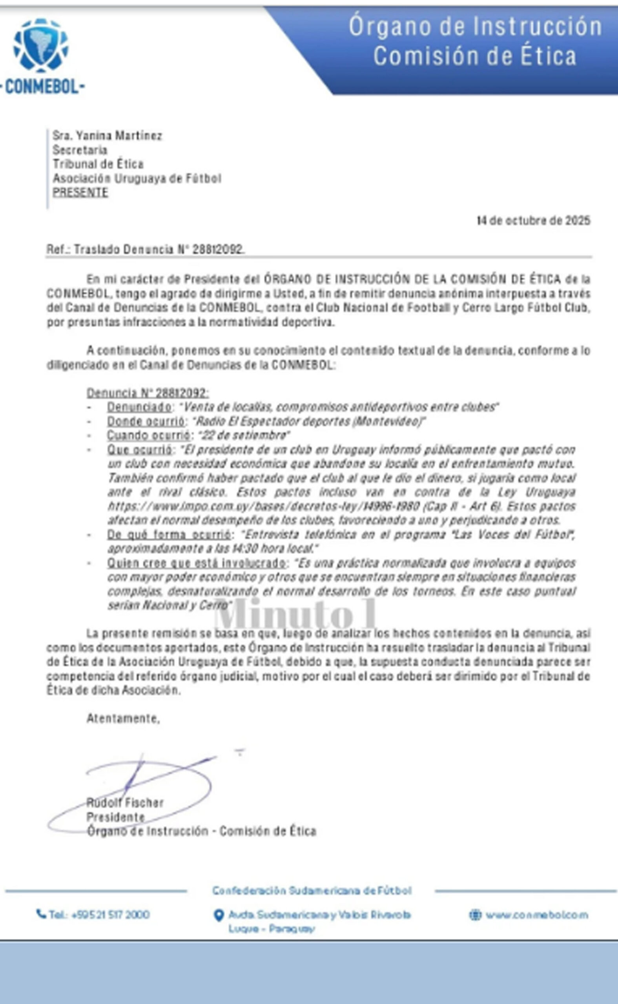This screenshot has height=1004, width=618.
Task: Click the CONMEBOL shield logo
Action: (41, 45)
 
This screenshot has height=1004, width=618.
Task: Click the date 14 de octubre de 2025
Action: (533, 220)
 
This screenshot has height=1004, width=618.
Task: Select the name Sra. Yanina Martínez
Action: (107, 136)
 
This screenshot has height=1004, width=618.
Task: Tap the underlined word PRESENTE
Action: (80, 193)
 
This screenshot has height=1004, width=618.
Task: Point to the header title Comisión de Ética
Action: (474, 56)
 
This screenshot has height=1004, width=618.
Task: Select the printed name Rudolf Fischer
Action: (125, 803)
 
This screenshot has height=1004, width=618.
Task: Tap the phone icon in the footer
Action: (41, 914)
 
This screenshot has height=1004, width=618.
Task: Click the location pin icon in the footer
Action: (219, 915)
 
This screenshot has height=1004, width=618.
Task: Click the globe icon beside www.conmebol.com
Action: (475, 915)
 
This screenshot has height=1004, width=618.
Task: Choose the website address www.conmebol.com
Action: (537, 915)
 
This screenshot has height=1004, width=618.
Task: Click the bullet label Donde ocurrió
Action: (146, 421)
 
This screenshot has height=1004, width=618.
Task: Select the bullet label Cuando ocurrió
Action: (149, 435)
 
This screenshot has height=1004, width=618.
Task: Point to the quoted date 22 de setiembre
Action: (244, 435)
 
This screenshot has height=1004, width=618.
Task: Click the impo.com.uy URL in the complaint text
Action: (264, 506)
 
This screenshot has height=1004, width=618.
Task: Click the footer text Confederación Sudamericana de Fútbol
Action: (312, 890)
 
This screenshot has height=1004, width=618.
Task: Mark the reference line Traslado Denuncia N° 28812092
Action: (159, 249)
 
